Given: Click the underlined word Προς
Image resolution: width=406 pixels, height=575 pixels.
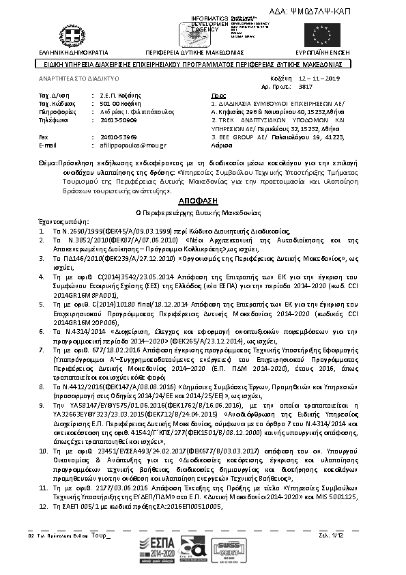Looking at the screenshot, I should [218, 96].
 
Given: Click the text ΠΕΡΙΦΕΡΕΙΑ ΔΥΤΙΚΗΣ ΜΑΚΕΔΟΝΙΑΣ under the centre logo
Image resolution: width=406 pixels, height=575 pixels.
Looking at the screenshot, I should [194, 52].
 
